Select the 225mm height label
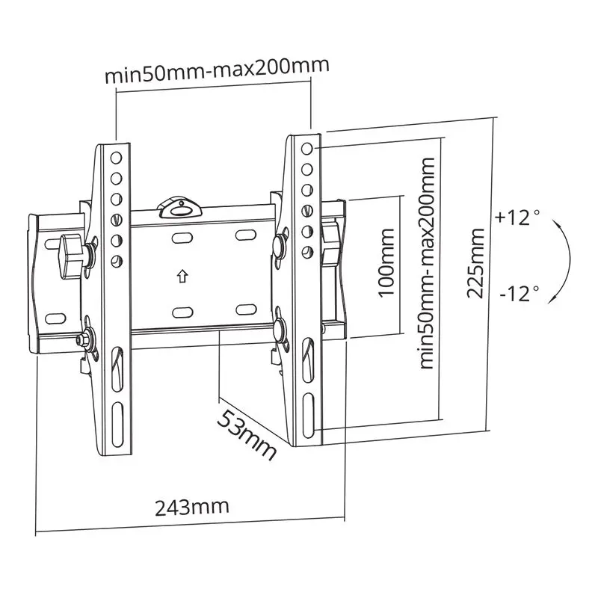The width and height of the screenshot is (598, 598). click(x=475, y=262)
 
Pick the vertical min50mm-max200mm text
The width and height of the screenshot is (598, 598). click(x=427, y=262)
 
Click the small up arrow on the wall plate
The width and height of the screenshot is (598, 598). click(x=181, y=276)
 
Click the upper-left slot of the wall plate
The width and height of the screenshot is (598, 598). click(x=181, y=238)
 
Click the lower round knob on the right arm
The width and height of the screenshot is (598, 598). click(x=281, y=328)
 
